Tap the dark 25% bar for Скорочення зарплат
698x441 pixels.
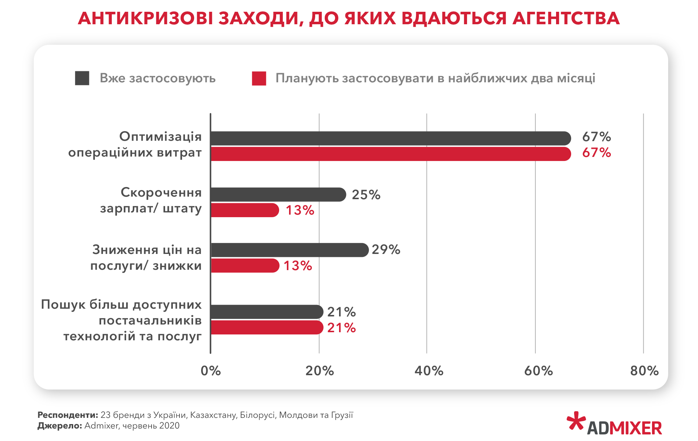(x=278, y=194)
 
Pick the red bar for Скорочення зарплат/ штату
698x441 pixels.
(x=245, y=210)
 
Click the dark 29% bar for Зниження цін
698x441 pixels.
(x=289, y=250)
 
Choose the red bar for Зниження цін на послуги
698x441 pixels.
(x=245, y=266)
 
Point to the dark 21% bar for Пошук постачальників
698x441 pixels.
(x=267, y=312)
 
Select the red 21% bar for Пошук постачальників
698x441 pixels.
(x=267, y=327)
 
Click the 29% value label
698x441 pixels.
(x=386, y=250)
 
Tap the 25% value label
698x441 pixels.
(x=366, y=195)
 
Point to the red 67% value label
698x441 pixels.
(x=596, y=153)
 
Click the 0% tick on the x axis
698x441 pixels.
(x=211, y=371)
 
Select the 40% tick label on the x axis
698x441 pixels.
(x=428, y=371)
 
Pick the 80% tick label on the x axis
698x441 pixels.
(x=644, y=371)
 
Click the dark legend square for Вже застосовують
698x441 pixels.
(x=82, y=78)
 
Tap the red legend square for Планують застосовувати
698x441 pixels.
(x=259, y=78)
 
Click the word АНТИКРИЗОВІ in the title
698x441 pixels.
(x=145, y=18)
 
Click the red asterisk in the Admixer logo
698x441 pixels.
(x=576, y=421)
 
